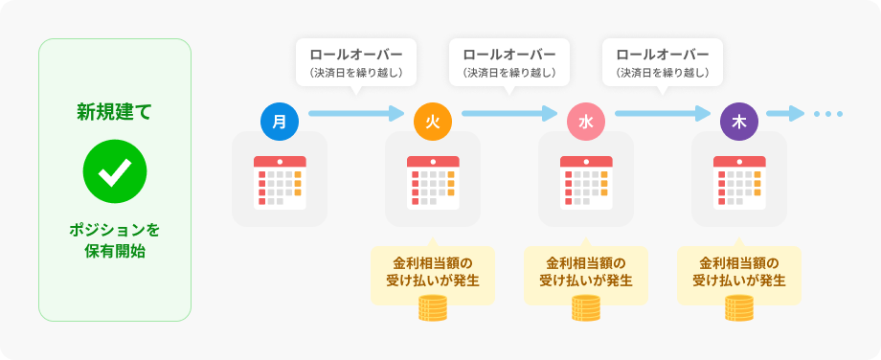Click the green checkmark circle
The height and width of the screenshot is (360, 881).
coord(115,171)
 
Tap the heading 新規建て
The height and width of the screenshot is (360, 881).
coord(115,112)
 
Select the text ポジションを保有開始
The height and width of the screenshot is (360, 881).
coord(115,241)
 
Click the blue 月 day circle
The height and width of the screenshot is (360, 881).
coord(280,122)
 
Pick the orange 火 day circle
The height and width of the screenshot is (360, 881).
coord(433,122)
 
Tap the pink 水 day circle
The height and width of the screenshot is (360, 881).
coord(586,122)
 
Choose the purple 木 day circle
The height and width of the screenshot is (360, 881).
coord(739,122)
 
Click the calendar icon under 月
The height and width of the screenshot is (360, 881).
coord(280,183)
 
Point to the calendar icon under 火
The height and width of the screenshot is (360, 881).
coord(433,183)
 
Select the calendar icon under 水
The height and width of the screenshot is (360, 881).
coord(586,183)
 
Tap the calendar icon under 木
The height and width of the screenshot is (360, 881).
coord(739,183)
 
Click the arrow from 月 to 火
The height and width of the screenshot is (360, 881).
coord(356,113)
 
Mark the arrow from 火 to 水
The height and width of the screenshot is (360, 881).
coord(509,113)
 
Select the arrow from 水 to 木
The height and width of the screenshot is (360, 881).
coord(663,113)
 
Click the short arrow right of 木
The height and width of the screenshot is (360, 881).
coord(785,113)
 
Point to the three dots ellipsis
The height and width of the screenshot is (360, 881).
coord(828,114)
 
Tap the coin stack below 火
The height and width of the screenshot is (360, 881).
coord(433,308)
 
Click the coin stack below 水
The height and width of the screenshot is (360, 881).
coord(586,308)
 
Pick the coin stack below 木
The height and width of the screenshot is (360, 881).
coord(739,308)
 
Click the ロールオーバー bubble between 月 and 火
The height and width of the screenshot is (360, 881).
coord(356,62)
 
